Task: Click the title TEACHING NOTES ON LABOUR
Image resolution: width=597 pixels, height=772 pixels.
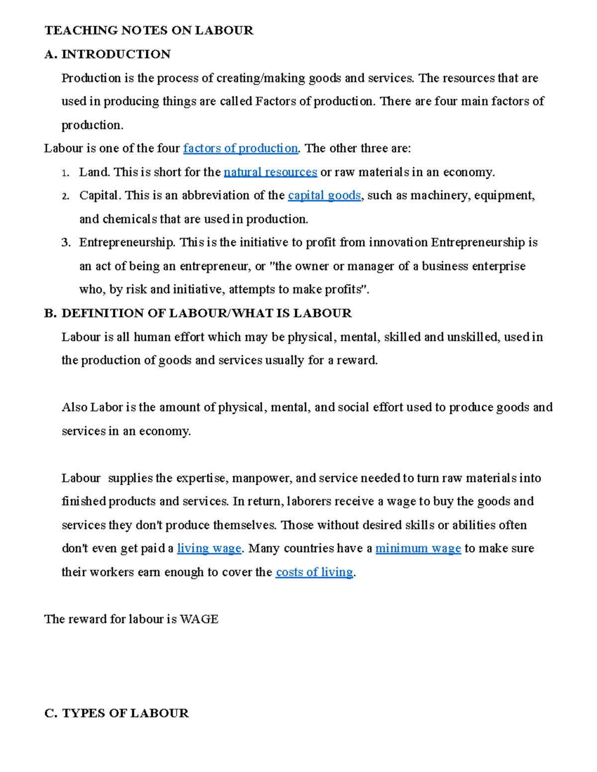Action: click(x=149, y=31)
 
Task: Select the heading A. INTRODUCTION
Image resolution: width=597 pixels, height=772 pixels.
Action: click(x=107, y=54)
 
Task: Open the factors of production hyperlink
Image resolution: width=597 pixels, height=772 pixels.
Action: click(x=240, y=149)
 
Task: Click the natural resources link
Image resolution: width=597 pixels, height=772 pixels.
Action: click(x=270, y=172)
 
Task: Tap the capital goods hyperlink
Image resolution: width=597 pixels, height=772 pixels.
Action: click(x=324, y=196)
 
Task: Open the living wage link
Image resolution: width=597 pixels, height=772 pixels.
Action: click(x=209, y=549)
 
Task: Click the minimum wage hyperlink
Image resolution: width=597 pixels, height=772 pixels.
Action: click(x=418, y=549)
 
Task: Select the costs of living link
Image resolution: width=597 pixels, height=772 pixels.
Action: click(x=314, y=573)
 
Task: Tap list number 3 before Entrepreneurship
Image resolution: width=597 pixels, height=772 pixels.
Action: click(x=65, y=243)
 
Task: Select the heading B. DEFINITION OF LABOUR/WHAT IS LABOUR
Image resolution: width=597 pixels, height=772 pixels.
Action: click(x=198, y=313)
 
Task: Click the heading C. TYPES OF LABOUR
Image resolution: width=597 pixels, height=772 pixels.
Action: click(x=116, y=713)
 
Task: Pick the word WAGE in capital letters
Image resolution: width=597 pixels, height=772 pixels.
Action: click(x=199, y=619)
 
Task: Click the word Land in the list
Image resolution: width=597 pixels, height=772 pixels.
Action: click(x=94, y=172)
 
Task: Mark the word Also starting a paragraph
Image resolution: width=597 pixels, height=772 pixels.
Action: click(x=75, y=408)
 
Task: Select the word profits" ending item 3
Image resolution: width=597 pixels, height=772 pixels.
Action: click(x=347, y=290)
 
